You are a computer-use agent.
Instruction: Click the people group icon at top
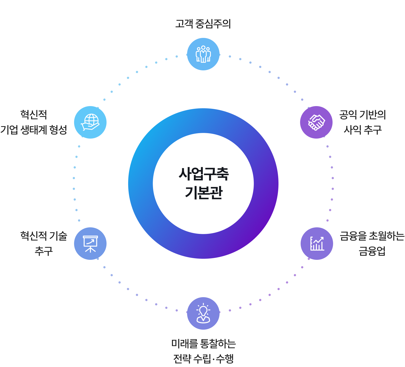coord(203,54)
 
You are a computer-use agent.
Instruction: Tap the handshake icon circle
coord(316,122)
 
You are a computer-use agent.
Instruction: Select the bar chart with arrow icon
coord(317,244)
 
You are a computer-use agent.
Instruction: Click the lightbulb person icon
coord(203,313)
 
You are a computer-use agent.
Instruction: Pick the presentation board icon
coord(90,244)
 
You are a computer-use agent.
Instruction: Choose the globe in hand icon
coord(90,122)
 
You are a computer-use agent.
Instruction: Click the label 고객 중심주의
coord(203,24)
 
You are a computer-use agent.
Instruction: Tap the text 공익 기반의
coord(363,115)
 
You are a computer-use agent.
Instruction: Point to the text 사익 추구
coord(363,130)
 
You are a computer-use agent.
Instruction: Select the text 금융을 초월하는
coord(372,236)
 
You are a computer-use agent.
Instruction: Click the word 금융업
coord(372,251)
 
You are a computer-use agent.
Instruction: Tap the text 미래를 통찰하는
coord(203,344)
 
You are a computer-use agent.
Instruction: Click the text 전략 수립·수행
coord(203,359)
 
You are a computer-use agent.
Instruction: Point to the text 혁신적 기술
coord(44,236)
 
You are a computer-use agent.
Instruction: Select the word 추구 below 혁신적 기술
coord(44,251)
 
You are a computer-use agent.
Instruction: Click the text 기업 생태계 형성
coord(34,130)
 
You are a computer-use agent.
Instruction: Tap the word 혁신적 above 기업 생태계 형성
coord(34,115)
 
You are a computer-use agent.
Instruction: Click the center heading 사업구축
coord(203,174)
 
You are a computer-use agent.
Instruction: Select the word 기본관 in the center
coord(203,193)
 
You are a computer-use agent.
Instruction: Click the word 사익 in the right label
coord(352,130)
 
